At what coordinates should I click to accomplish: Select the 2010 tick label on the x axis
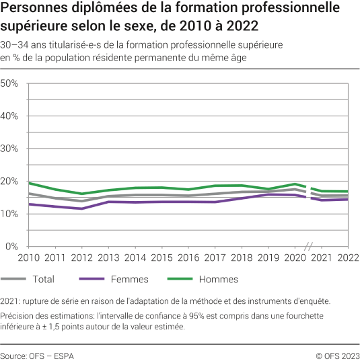(x=28, y=258)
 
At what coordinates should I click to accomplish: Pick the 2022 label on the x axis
(x=347, y=258)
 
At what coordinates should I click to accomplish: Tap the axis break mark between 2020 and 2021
(x=308, y=247)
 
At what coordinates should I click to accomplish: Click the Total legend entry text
(x=44, y=279)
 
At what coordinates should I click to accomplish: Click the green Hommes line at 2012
(x=81, y=194)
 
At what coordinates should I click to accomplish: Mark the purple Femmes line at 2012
(x=81, y=208)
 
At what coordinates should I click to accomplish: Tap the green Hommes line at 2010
(x=28, y=183)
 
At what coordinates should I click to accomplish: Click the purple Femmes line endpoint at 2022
(x=347, y=199)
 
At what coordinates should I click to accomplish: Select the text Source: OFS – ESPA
(x=38, y=354)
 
